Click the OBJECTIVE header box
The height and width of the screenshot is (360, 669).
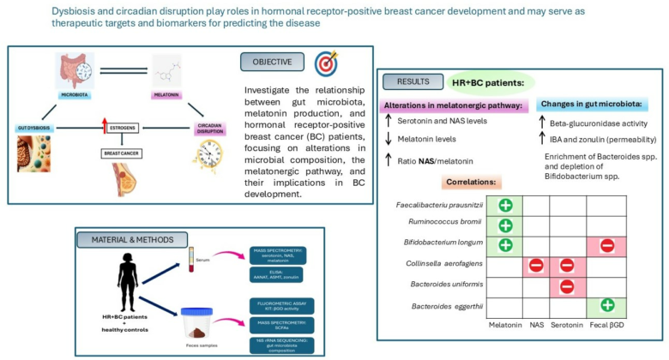pyautogui.click(x=272, y=62)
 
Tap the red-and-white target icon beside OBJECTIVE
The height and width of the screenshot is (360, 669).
pyautogui.click(x=327, y=63)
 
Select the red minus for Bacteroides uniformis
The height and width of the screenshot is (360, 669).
pyautogui.click(x=568, y=285)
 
